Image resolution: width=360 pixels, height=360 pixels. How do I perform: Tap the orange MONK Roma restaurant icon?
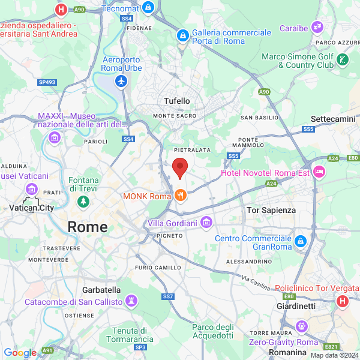pyautogui.click(x=180, y=196)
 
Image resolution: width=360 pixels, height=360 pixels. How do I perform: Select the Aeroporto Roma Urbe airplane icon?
pyautogui.click(x=121, y=80)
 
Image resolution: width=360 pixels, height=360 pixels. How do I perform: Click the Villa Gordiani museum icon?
pyautogui.click(x=206, y=223)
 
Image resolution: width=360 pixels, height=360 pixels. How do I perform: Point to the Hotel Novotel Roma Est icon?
pyautogui.click(x=318, y=172)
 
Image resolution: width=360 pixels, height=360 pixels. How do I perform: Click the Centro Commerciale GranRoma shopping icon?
pyautogui.click(x=300, y=241)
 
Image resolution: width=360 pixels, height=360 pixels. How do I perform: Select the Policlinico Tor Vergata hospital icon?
pyautogui.click(x=343, y=300)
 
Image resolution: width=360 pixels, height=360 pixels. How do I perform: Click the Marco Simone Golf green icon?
pyautogui.click(x=342, y=59)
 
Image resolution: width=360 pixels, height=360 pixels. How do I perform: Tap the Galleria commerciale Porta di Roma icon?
pyautogui.click(x=182, y=37)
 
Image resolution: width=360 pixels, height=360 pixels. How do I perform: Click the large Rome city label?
pyautogui.click(x=88, y=227)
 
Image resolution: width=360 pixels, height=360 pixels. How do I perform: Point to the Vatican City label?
pyautogui.click(x=32, y=208)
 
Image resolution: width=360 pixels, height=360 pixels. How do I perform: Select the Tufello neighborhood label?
pyautogui.click(x=177, y=101)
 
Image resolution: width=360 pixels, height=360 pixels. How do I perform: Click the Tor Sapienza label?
pyautogui.click(x=272, y=210)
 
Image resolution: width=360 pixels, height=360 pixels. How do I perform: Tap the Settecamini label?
pyautogui.click(x=333, y=119)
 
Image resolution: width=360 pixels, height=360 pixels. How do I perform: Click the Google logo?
pyautogui.click(x=20, y=353)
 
